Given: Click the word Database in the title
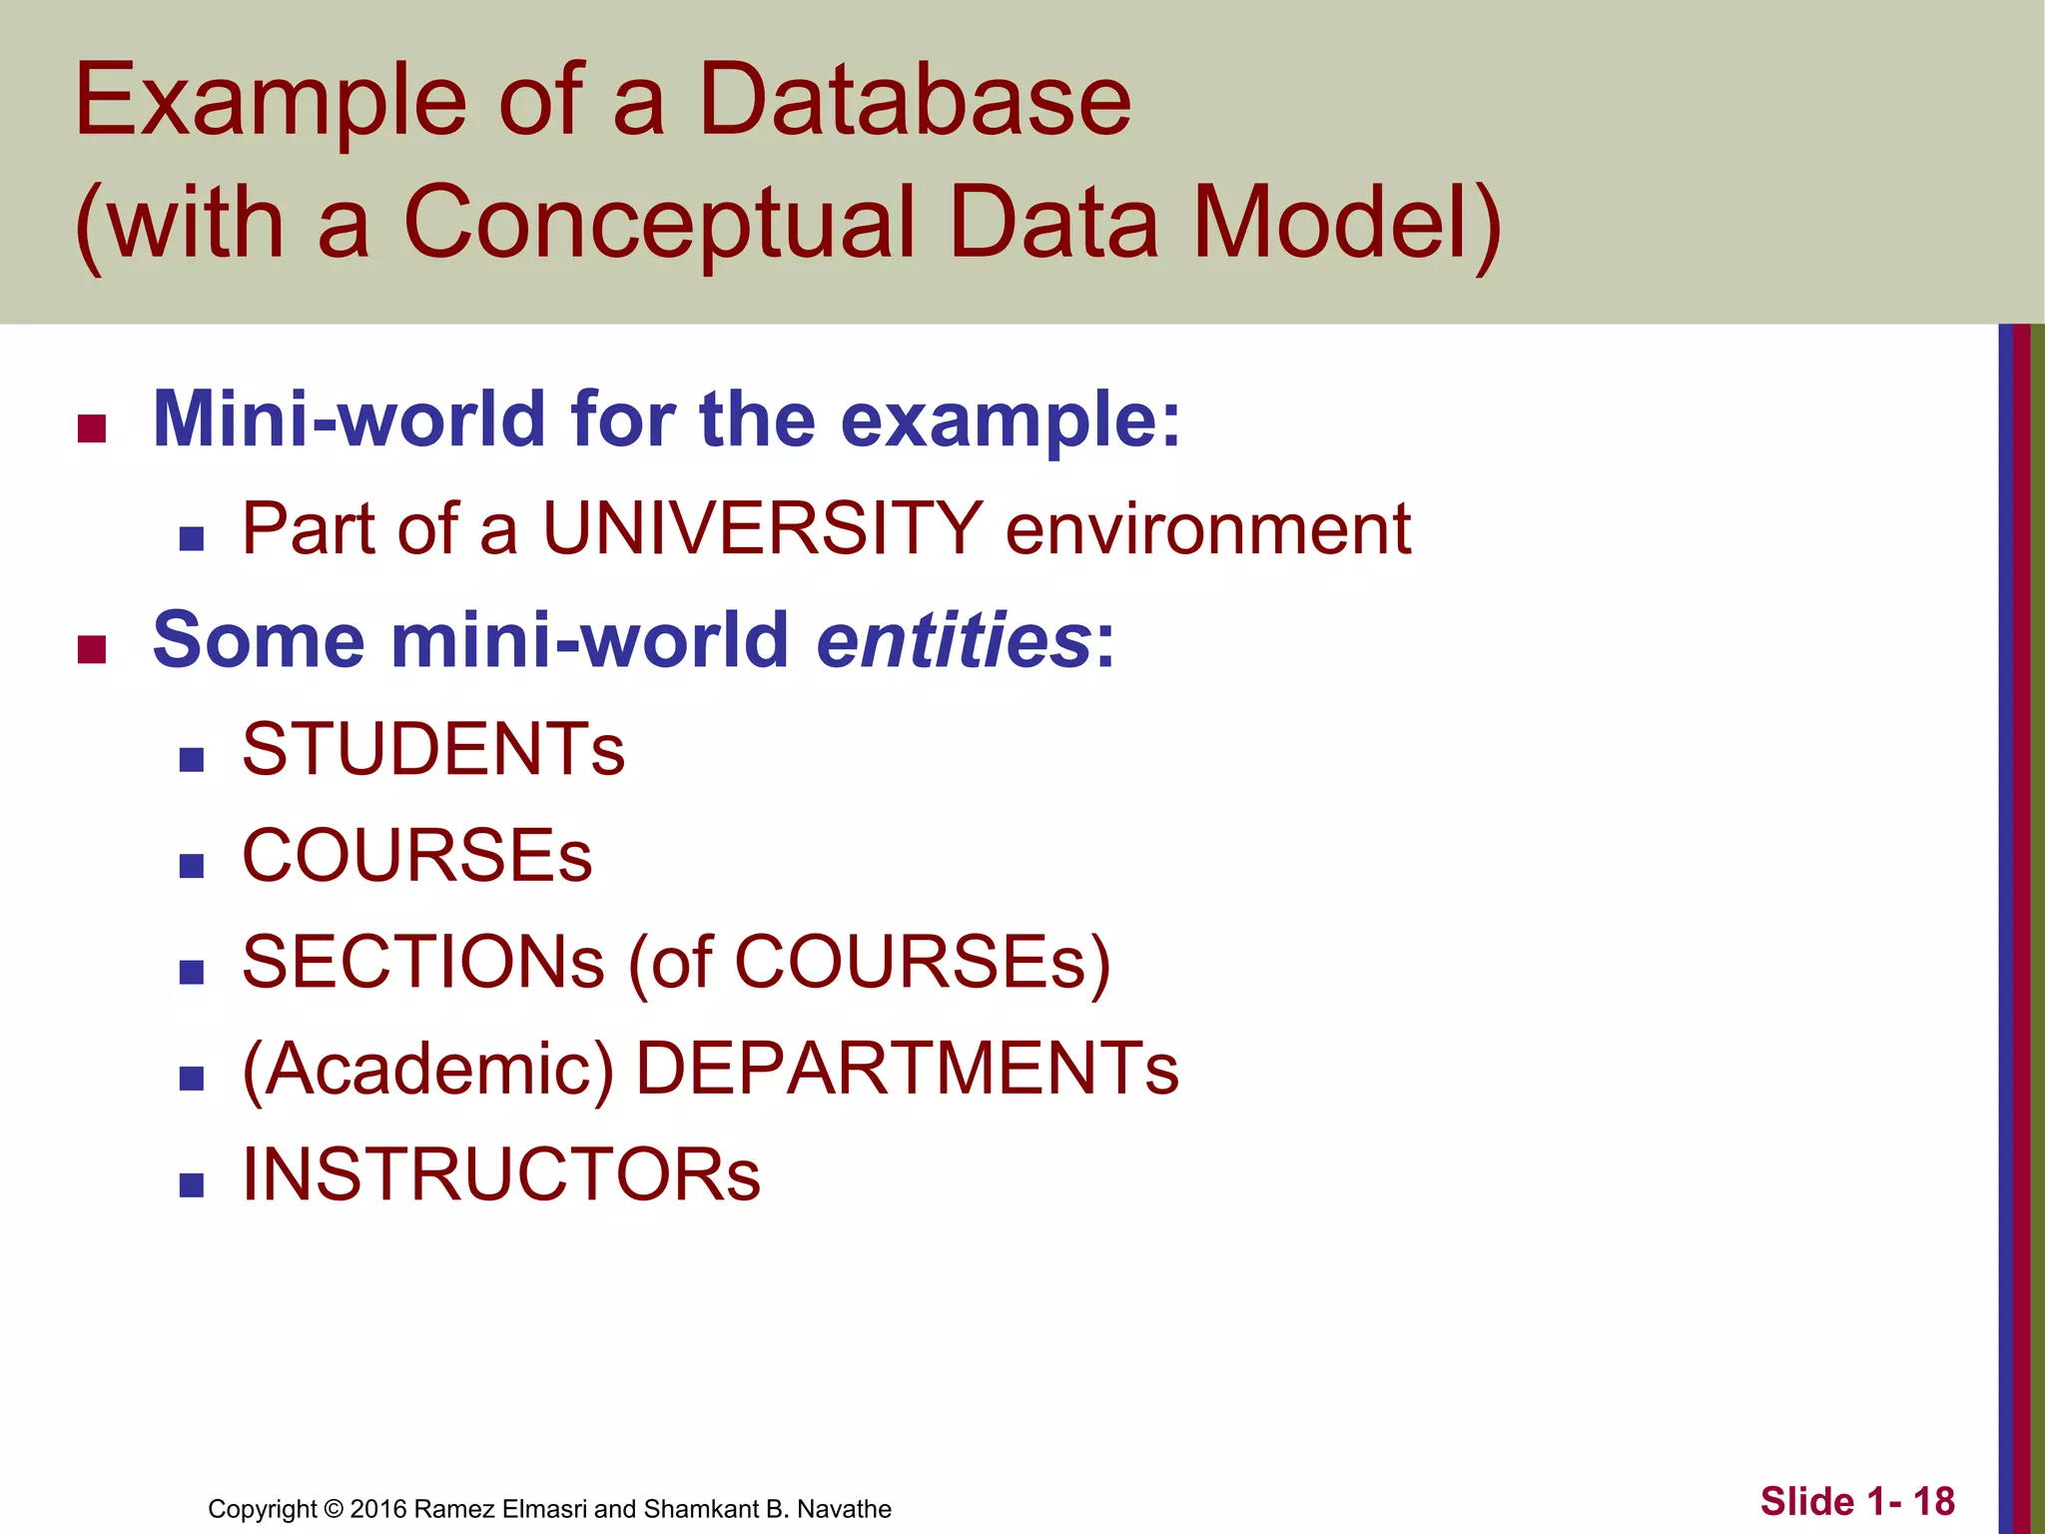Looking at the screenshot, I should (914, 100).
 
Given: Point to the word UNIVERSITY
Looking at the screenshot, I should (763, 528).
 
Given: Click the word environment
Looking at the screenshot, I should (1207, 528).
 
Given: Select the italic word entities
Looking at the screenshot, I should (954, 640).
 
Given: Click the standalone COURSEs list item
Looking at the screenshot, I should (417, 856).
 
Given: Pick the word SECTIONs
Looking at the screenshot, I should (423, 962).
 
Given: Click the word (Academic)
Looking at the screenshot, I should (427, 1069).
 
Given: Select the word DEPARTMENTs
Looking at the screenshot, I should (907, 1069).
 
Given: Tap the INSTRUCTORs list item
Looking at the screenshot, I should (501, 1174).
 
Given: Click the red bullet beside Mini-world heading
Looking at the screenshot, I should (92, 429).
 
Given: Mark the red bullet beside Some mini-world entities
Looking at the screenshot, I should (92, 650).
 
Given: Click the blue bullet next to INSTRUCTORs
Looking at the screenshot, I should (192, 1185).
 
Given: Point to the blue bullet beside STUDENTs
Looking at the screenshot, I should (192, 760).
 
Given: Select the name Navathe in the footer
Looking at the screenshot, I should (844, 1509).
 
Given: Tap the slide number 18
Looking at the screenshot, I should (1933, 1501).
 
